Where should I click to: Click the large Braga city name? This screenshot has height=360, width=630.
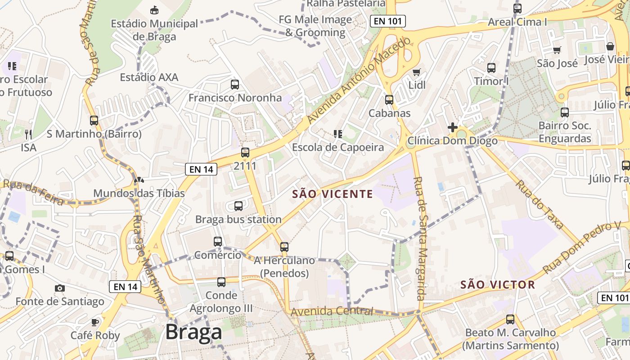point(193,332)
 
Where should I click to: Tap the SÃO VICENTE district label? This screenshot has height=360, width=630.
point(333,194)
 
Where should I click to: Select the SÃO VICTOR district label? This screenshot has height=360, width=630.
point(498,284)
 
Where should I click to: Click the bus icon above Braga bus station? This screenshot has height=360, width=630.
point(238,206)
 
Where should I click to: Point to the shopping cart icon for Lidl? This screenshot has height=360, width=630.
point(417,72)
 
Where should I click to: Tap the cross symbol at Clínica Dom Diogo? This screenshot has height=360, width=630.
point(453,127)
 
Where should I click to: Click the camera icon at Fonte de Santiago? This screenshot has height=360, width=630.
point(59,288)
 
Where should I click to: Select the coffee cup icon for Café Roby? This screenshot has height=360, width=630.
point(95,322)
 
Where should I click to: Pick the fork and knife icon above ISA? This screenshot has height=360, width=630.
point(28,134)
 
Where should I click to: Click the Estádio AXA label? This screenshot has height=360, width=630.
point(149,77)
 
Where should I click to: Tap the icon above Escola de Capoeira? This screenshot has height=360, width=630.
point(338,134)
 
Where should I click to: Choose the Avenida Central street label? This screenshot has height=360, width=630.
point(332,311)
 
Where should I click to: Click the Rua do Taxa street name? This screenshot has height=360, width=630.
point(539,205)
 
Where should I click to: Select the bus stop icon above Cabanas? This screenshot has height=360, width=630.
point(389,100)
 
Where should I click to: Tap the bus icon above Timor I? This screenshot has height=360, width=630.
point(491,68)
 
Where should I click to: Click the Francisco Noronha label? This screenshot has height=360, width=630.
point(235,98)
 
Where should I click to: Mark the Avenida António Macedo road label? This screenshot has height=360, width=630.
point(359,81)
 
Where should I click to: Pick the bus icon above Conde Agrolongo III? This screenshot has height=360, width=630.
point(221,282)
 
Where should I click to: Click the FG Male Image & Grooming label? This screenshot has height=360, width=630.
point(315,26)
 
